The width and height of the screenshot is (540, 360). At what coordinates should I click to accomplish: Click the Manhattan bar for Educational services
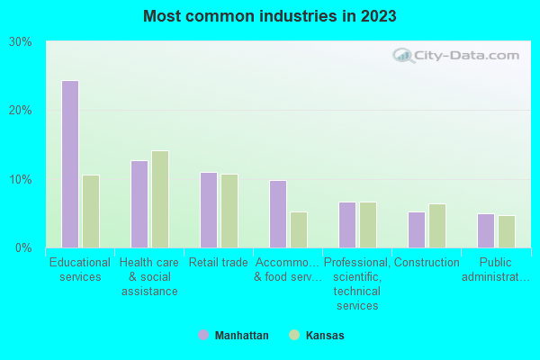[x=69, y=164]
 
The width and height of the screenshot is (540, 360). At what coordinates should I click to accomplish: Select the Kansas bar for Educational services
[x=90, y=211]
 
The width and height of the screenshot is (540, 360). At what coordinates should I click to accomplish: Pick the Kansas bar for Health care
[x=159, y=199]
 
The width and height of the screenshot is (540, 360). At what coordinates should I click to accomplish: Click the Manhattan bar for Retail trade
[x=208, y=210]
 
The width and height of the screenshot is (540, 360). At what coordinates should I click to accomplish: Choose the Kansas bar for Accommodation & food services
[x=298, y=229]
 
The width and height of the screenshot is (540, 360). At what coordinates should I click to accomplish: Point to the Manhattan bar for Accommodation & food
[x=277, y=214]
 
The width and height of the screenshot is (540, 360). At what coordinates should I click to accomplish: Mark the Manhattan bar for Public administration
[x=485, y=230]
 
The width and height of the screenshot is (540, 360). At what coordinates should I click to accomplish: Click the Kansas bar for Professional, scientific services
[x=367, y=225]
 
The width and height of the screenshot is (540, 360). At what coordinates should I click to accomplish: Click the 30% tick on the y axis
[x=21, y=41]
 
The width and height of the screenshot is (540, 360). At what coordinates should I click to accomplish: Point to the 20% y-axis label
[x=21, y=110]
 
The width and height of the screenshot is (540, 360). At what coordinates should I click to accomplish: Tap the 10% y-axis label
[x=21, y=179]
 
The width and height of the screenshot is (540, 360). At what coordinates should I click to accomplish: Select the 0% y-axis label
[x=24, y=247]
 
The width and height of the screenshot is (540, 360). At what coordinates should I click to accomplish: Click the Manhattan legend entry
[x=233, y=335]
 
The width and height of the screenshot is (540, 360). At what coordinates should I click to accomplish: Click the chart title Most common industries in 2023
[x=270, y=16]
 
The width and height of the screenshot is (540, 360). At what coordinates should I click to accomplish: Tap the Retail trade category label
[x=218, y=263]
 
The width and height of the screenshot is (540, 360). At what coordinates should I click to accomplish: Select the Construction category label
[x=427, y=263]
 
